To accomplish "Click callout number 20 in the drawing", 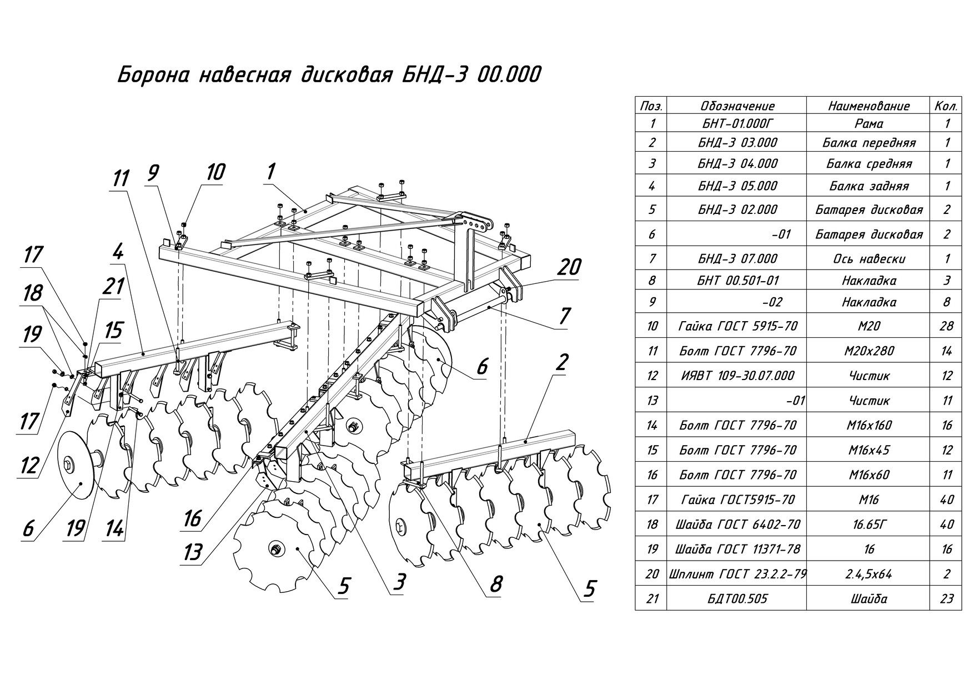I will pyautogui.click(x=568, y=267).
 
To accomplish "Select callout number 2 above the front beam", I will pyautogui.click(x=561, y=363).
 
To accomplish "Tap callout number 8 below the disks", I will pyautogui.click(x=496, y=584).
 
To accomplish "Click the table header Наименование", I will pyautogui.click(x=868, y=106).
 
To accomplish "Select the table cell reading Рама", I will pyautogui.click(x=868, y=124).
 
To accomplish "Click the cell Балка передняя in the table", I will pyautogui.click(x=868, y=143).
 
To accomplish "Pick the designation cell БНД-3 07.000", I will pyautogui.click(x=737, y=258).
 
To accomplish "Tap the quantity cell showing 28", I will pyautogui.click(x=946, y=326).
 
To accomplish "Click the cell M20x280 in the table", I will pyautogui.click(x=868, y=351).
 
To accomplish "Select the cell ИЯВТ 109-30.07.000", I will pyautogui.click(x=737, y=376).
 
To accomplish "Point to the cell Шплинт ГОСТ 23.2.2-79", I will pyautogui.click(x=737, y=574).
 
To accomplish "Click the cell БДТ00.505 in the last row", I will pyautogui.click(x=737, y=598).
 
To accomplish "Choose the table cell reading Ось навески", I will pyautogui.click(x=868, y=258).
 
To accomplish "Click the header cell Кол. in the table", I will pyautogui.click(x=946, y=106).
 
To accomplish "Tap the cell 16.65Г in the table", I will pyautogui.click(x=868, y=525).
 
